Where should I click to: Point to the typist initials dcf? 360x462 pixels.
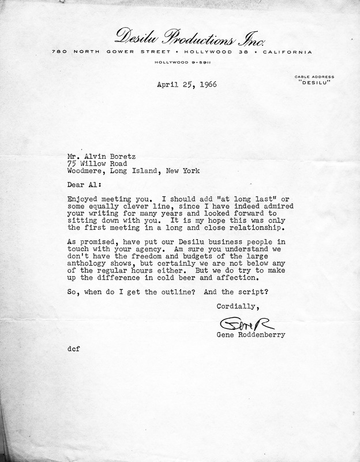click(73, 348)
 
